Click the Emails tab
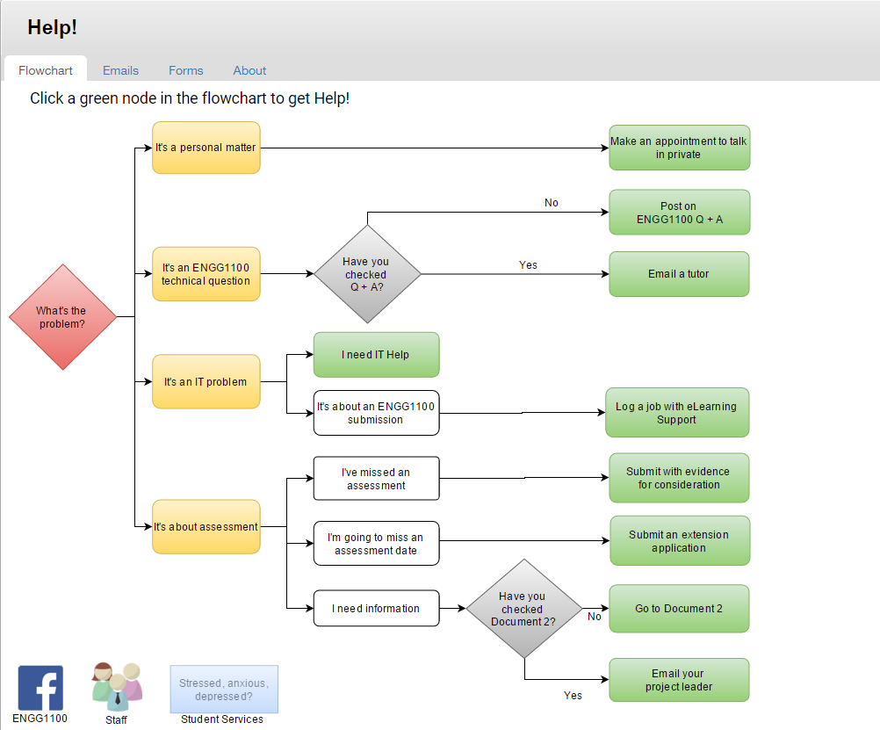pos(120,70)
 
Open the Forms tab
pos(186,70)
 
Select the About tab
pos(249,70)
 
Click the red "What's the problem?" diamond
pos(63,317)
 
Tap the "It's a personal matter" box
pos(206,148)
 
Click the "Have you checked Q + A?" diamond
pos(367,274)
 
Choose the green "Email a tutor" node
pos(679,274)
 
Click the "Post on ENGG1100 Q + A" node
pos(679,213)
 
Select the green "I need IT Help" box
pos(376,355)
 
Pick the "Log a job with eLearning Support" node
pos(677,413)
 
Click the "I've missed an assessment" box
pos(376,479)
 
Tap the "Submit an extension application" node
pos(680,541)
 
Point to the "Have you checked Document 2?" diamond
pos(524,609)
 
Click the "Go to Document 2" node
pos(679,609)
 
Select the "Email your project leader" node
pos(679,680)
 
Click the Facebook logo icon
pos(40,689)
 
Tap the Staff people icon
pos(117,687)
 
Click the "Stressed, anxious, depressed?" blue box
pos(224,690)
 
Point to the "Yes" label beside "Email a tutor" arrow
pos(528,265)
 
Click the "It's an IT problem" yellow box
pos(206,382)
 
